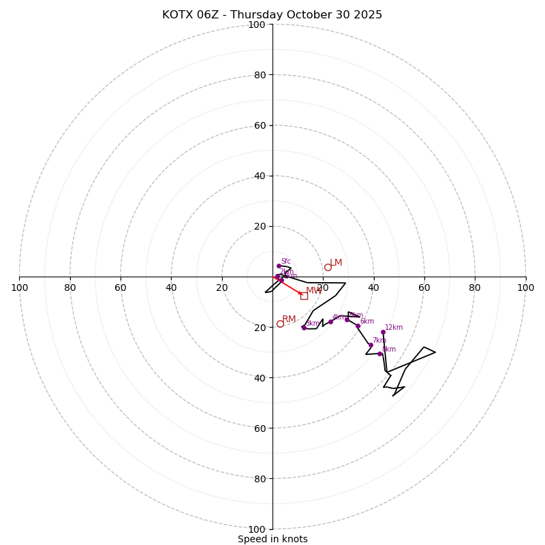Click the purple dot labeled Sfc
(279, 266)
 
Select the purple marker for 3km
(304, 328)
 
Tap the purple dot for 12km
(383, 332)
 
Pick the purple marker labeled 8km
(379, 354)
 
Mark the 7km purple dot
(371, 345)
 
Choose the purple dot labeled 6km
(358, 326)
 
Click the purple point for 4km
(330, 322)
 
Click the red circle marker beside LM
(328, 267)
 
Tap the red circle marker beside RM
(280, 324)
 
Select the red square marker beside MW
(304, 296)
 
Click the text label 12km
(394, 328)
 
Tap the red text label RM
(289, 320)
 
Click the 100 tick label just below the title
(257, 25)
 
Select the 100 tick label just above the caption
(257, 529)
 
